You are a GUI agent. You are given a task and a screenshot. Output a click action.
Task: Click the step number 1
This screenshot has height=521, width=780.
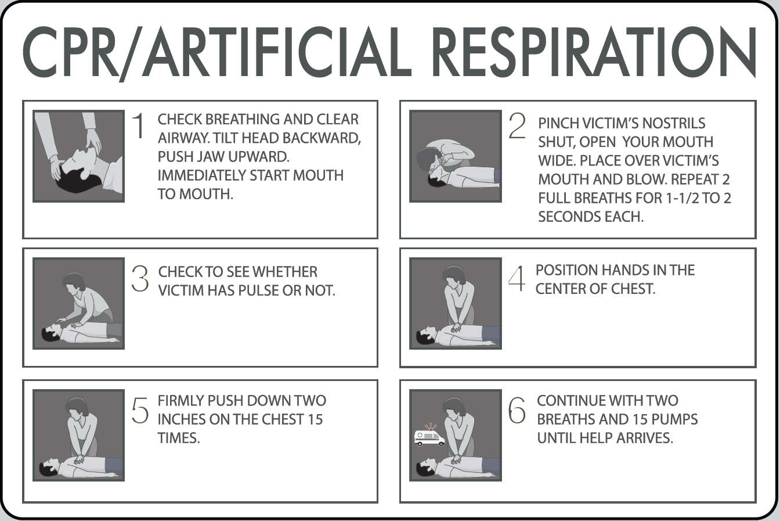[138, 126]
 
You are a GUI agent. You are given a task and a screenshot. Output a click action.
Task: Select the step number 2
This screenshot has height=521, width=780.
[517, 126]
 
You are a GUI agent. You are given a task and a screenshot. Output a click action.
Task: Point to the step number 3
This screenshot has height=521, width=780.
[140, 279]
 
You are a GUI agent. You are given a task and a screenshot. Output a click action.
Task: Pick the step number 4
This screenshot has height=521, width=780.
[516, 279]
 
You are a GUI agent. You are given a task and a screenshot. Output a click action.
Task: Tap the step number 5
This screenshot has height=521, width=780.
[140, 411]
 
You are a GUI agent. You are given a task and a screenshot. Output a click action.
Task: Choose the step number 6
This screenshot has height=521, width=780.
[517, 411]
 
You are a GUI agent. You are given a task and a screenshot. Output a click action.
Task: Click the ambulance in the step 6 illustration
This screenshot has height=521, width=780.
[429, 437]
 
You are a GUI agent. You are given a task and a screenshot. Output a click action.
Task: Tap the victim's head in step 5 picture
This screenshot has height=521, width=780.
[49, 466]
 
